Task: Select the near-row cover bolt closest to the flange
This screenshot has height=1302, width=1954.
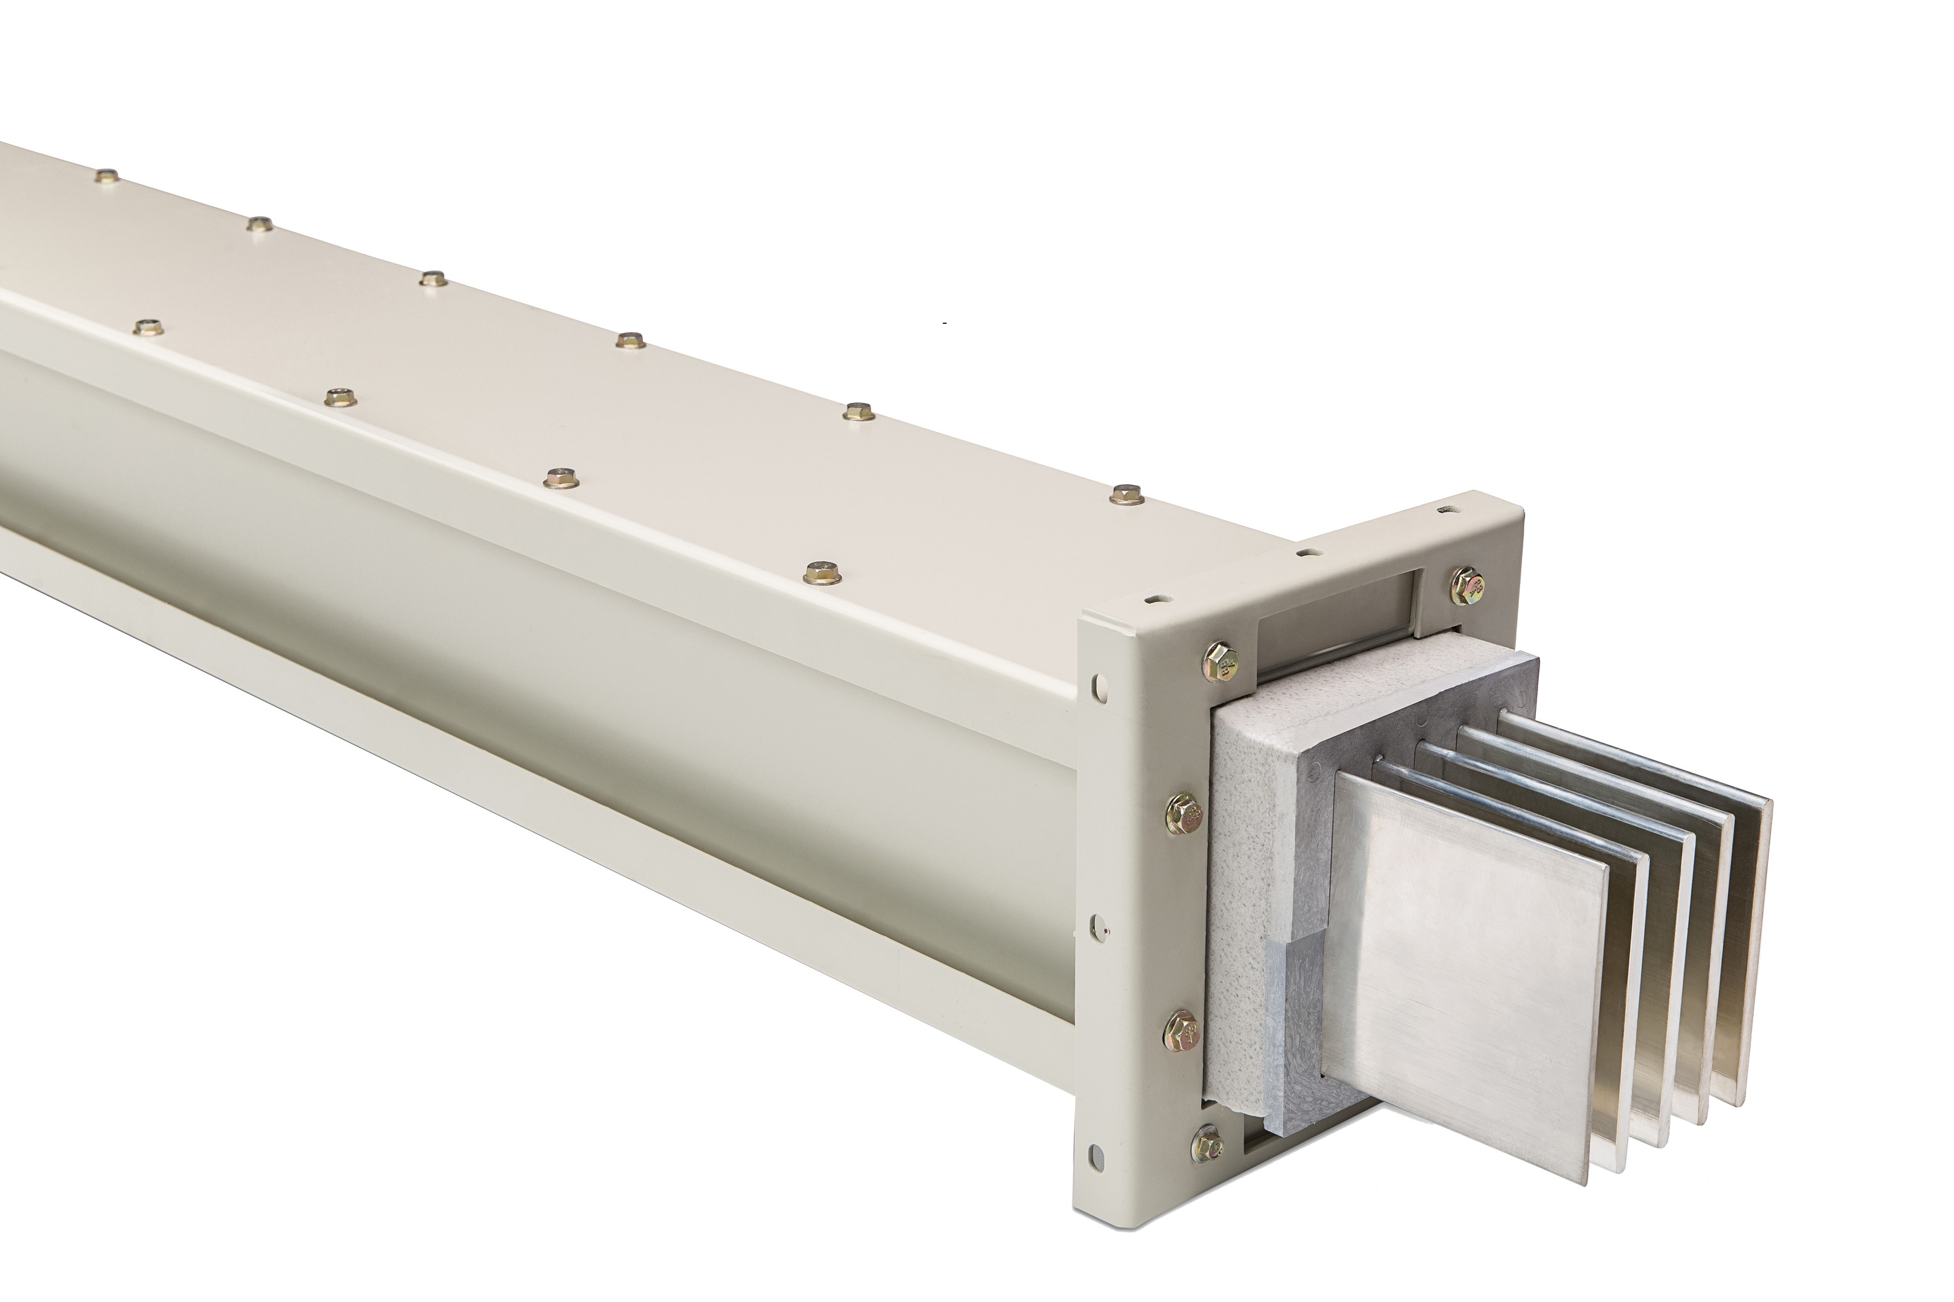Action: coord(822,571)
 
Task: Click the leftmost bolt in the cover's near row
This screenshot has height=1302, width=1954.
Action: coord(147,326)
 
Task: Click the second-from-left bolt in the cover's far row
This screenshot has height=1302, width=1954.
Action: coord(260,223)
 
